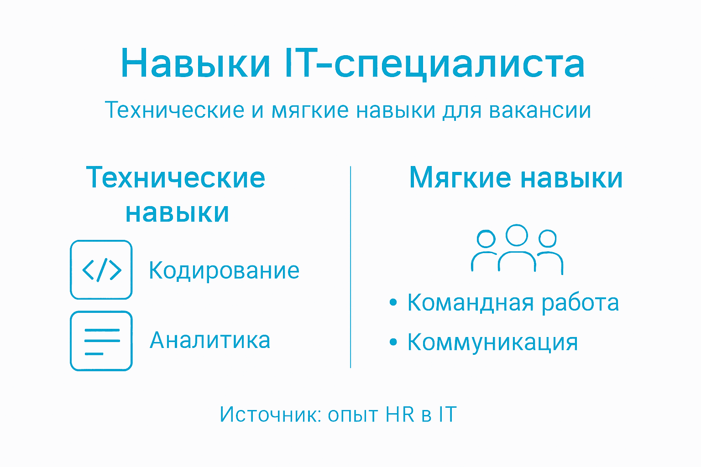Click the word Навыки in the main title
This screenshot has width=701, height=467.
pyautogui.click(x=196, y=63)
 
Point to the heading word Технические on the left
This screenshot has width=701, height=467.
pyautogui.click(x=176, y=177)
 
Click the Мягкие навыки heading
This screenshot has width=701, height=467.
pyautogui.click(x=516, y=177)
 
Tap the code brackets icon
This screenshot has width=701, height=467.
pyautogui.click(x=101, y=270)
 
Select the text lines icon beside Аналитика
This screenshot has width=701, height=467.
pyautogui.click(x=101, y=341)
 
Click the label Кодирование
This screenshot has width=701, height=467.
pyautogui.click(x=224, y=270)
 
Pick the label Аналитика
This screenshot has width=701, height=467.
pyautogui.click(x=210, y=340)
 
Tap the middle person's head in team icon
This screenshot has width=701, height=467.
pyautogui.click(x=517, y=235)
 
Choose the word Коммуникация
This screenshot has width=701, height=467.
pyautogui.click(x=492, y=342)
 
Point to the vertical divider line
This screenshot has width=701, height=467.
pyautogui.click(x=350, y=267)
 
